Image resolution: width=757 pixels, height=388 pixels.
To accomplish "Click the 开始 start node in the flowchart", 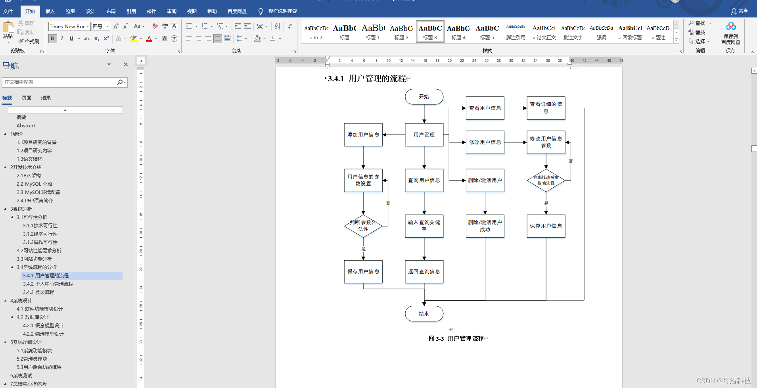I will (x=424, y=97).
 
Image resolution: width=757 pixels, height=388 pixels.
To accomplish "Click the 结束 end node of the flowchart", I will (x=424, y=313).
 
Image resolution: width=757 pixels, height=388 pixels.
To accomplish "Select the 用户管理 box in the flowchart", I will (x=424, y=135).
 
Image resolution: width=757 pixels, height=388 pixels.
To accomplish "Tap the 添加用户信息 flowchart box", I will (x=363, y=135).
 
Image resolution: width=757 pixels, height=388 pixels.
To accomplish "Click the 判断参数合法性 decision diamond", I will (x=363, y=226).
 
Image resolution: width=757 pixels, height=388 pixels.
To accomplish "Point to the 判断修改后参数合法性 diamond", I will (x=546, y=181).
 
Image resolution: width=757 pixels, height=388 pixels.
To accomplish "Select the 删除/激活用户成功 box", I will (x=485, y=226).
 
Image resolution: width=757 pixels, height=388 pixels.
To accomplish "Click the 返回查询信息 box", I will (x=424, y=272).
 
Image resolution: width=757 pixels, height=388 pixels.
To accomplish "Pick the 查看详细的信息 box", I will (x=546, y=108).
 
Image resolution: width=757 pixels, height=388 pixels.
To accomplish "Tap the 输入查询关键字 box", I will (x=424, y=226).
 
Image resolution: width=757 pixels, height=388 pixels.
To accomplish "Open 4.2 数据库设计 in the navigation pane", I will (x=33, y=317).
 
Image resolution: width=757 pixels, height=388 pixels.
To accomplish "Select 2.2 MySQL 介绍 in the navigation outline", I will (x=34, y=184).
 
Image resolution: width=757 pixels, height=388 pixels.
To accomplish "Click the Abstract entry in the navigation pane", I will (x=26, y=126).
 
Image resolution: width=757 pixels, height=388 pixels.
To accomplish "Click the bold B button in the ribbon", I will (x=52, y=38).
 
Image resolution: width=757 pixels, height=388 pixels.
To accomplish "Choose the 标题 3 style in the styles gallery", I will (x=430, y=32).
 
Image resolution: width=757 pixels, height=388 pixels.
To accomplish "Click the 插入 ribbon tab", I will (x=50, y=11).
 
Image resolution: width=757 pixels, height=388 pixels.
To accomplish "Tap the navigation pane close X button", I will (x=126, y=64).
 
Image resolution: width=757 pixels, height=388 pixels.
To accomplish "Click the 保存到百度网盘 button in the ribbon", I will (x=731, y=34).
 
